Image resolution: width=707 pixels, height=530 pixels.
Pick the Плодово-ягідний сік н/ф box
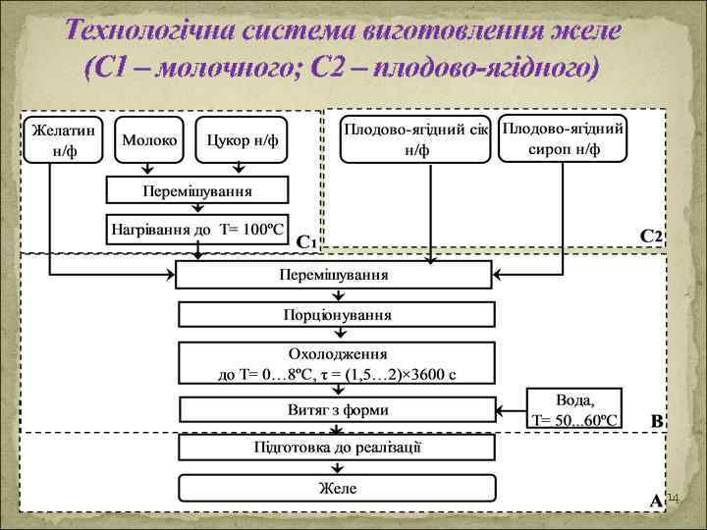point(415,140)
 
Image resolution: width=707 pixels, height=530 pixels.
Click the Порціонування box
point(336,315)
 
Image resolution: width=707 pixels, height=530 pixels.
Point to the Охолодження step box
point(336,363)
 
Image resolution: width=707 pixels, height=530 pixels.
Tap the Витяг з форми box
point(336,410)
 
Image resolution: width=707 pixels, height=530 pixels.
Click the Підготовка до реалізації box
point(336,449)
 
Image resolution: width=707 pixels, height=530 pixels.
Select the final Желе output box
point(336,488)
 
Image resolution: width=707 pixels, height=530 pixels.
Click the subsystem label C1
point(305,241)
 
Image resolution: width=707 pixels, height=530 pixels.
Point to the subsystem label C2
point(651,237)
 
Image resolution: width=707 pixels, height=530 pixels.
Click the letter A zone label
point(655,500)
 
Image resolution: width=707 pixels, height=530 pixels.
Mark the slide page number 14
point(673,501)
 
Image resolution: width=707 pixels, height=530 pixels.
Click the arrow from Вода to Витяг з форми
point(509,410)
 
